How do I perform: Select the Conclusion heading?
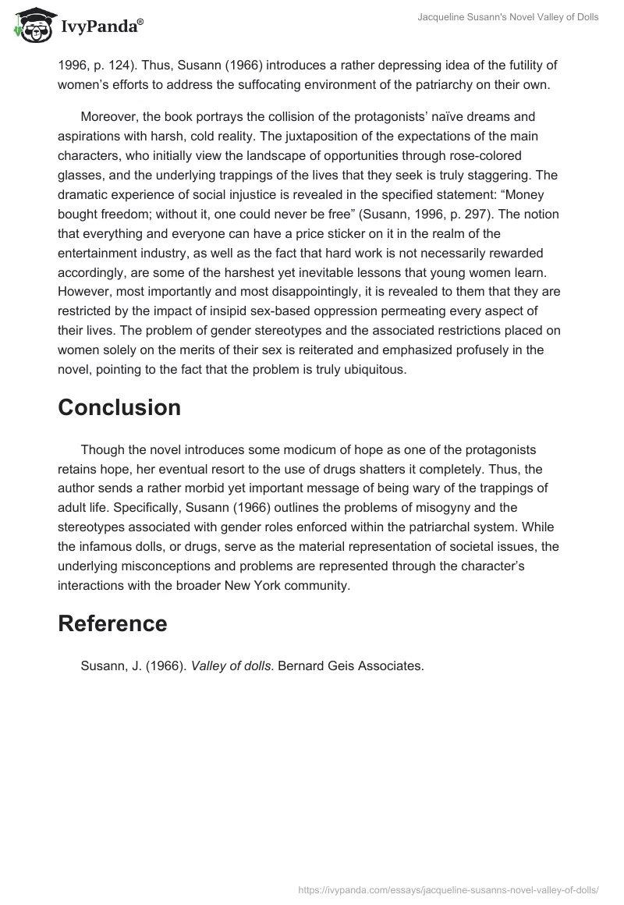click(x=119, y=407)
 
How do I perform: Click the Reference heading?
click(x=112, y=623)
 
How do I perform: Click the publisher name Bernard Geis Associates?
click(x=351, y=665)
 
